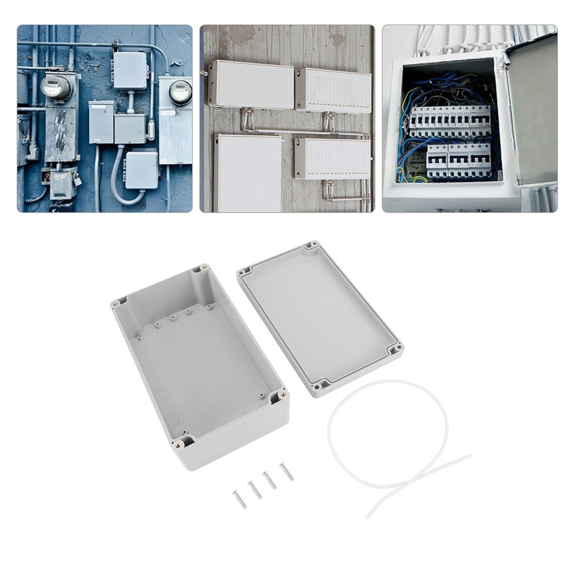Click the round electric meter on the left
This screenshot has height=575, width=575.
tap(55, 87)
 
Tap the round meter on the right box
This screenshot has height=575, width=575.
tap(180, 91)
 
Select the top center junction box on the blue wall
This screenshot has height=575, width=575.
tap(130, 70)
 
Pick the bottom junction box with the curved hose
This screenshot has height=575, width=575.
tap(141, 170)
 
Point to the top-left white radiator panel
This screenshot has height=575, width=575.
tap(251, 84)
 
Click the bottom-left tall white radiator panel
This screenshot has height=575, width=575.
tap(249, 172)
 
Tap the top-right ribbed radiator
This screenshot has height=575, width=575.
tap(333, 90)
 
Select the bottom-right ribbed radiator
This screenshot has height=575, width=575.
tap(333, 158)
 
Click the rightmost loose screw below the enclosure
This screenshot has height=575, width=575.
tap(287, 471)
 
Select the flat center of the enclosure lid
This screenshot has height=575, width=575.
tap(320, 316)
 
